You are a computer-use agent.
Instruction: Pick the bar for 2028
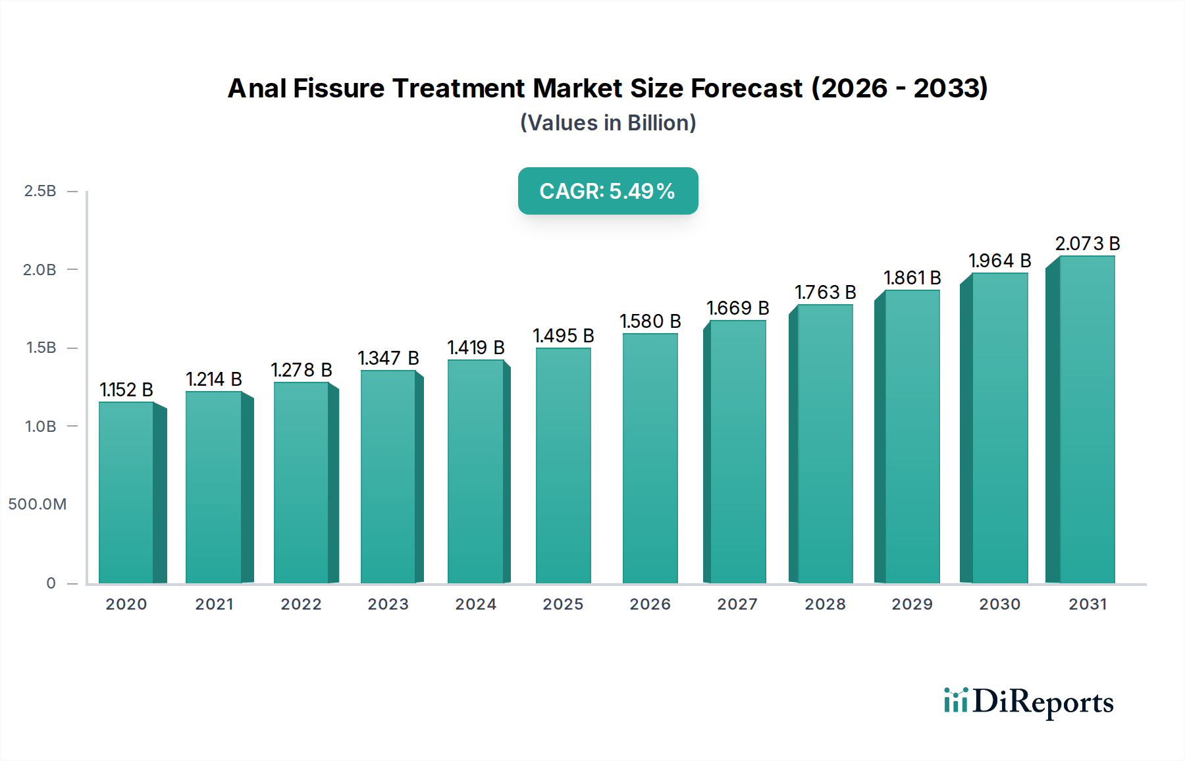tap(825, 444)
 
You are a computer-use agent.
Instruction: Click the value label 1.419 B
tap(475, 348)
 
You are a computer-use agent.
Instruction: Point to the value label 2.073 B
tap(1087, 244)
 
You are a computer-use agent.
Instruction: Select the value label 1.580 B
tap(650, 321)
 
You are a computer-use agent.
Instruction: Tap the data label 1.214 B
tap(213, 379)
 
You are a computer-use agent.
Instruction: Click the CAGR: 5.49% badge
tap(608, 191)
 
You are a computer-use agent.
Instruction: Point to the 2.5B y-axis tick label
tap(40, 191)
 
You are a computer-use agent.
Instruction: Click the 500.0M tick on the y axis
tap(38, 504)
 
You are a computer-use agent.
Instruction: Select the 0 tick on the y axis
tap(51, 583)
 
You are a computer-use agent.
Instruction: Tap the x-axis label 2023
tap(388, 604)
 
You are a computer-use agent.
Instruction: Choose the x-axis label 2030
tap(999, 604)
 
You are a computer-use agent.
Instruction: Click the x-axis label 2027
tap(737, 604)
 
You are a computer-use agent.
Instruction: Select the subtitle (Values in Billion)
tap(608, 123)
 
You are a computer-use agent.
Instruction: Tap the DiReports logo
tap(1028, 702)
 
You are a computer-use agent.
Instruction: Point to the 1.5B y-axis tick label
tap(41, 348)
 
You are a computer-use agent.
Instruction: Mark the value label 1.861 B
tap(912, 278)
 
